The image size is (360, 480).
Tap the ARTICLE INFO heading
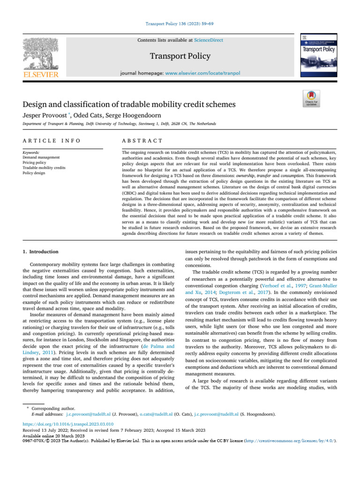51,141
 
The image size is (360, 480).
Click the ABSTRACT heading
142,141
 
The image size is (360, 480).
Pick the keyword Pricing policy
35,162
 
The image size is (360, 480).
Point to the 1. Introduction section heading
41,252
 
